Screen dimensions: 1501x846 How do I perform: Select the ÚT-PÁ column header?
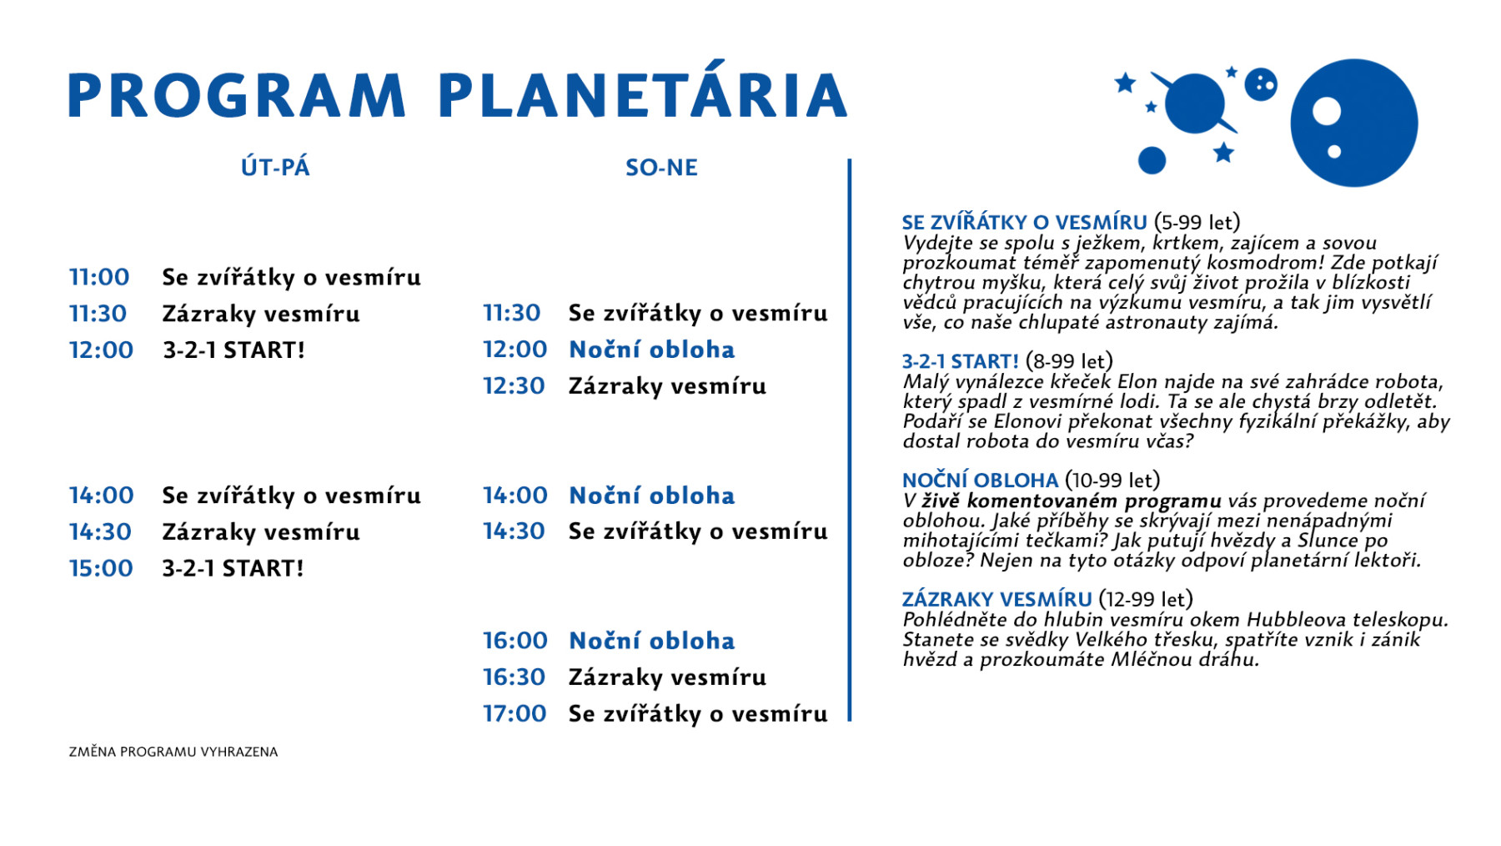tap(275, 167)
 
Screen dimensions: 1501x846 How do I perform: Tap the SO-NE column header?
tap(661, 168)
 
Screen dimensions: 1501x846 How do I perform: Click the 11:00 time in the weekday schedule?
tap(99, 277)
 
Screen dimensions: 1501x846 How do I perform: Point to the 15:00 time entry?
tap(101, 568)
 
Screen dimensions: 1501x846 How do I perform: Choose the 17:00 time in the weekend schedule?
tap(515, 713)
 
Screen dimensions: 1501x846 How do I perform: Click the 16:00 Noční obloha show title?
tap(652, 641)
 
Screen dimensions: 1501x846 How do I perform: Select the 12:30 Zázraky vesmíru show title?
tap(667, 386)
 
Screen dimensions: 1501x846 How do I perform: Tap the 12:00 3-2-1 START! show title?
tap(234, 350)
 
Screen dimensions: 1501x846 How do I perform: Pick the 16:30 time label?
tap(514, 677)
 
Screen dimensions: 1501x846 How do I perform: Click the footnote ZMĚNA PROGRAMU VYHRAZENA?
tap(173, 752)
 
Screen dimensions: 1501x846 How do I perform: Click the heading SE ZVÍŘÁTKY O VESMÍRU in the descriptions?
tap(1024, 222)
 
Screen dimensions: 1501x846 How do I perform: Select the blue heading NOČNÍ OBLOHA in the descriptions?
tap(980, 481)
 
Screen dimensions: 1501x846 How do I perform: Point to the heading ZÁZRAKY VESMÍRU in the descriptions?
tap(996, 599)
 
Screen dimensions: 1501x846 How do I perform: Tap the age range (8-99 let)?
tap(1069, 361)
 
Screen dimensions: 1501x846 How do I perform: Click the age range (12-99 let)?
tap(1146, 599)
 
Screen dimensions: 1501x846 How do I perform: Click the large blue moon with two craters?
tap(1354, 123)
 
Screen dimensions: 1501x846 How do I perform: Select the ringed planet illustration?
tap(1194, 103)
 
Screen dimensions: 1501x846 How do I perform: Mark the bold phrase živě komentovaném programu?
tap(1072, 501)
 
